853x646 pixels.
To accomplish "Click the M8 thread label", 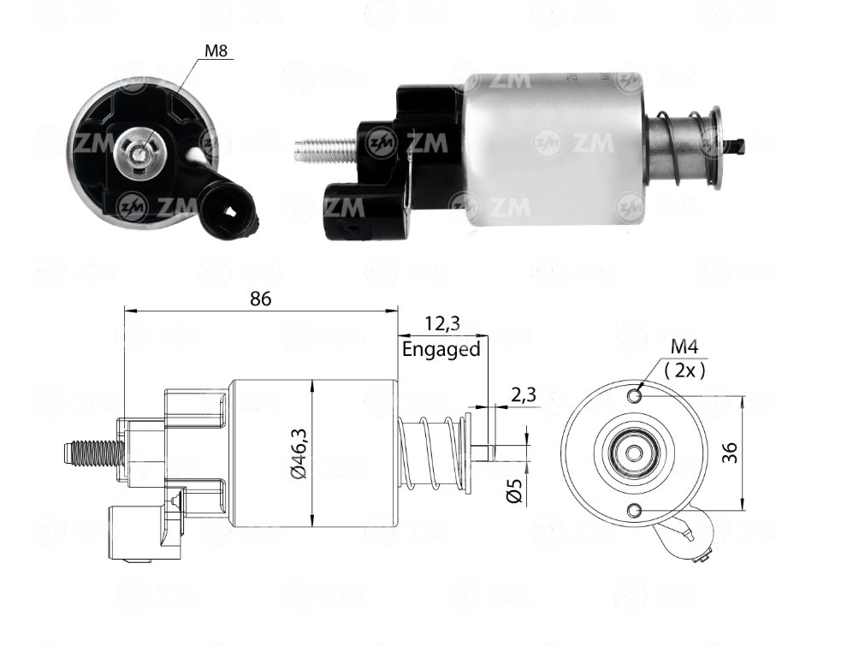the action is point(216,50).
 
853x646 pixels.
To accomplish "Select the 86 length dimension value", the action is point(260,299).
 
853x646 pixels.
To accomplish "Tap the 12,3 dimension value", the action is point(441,323).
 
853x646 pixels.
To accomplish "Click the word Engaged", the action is point(441,349).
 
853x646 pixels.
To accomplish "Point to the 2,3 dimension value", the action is point(523,394).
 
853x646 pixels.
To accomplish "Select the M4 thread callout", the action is point(684,347).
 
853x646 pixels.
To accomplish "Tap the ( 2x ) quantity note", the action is point(684,370).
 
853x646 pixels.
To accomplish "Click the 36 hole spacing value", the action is point(731,453).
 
